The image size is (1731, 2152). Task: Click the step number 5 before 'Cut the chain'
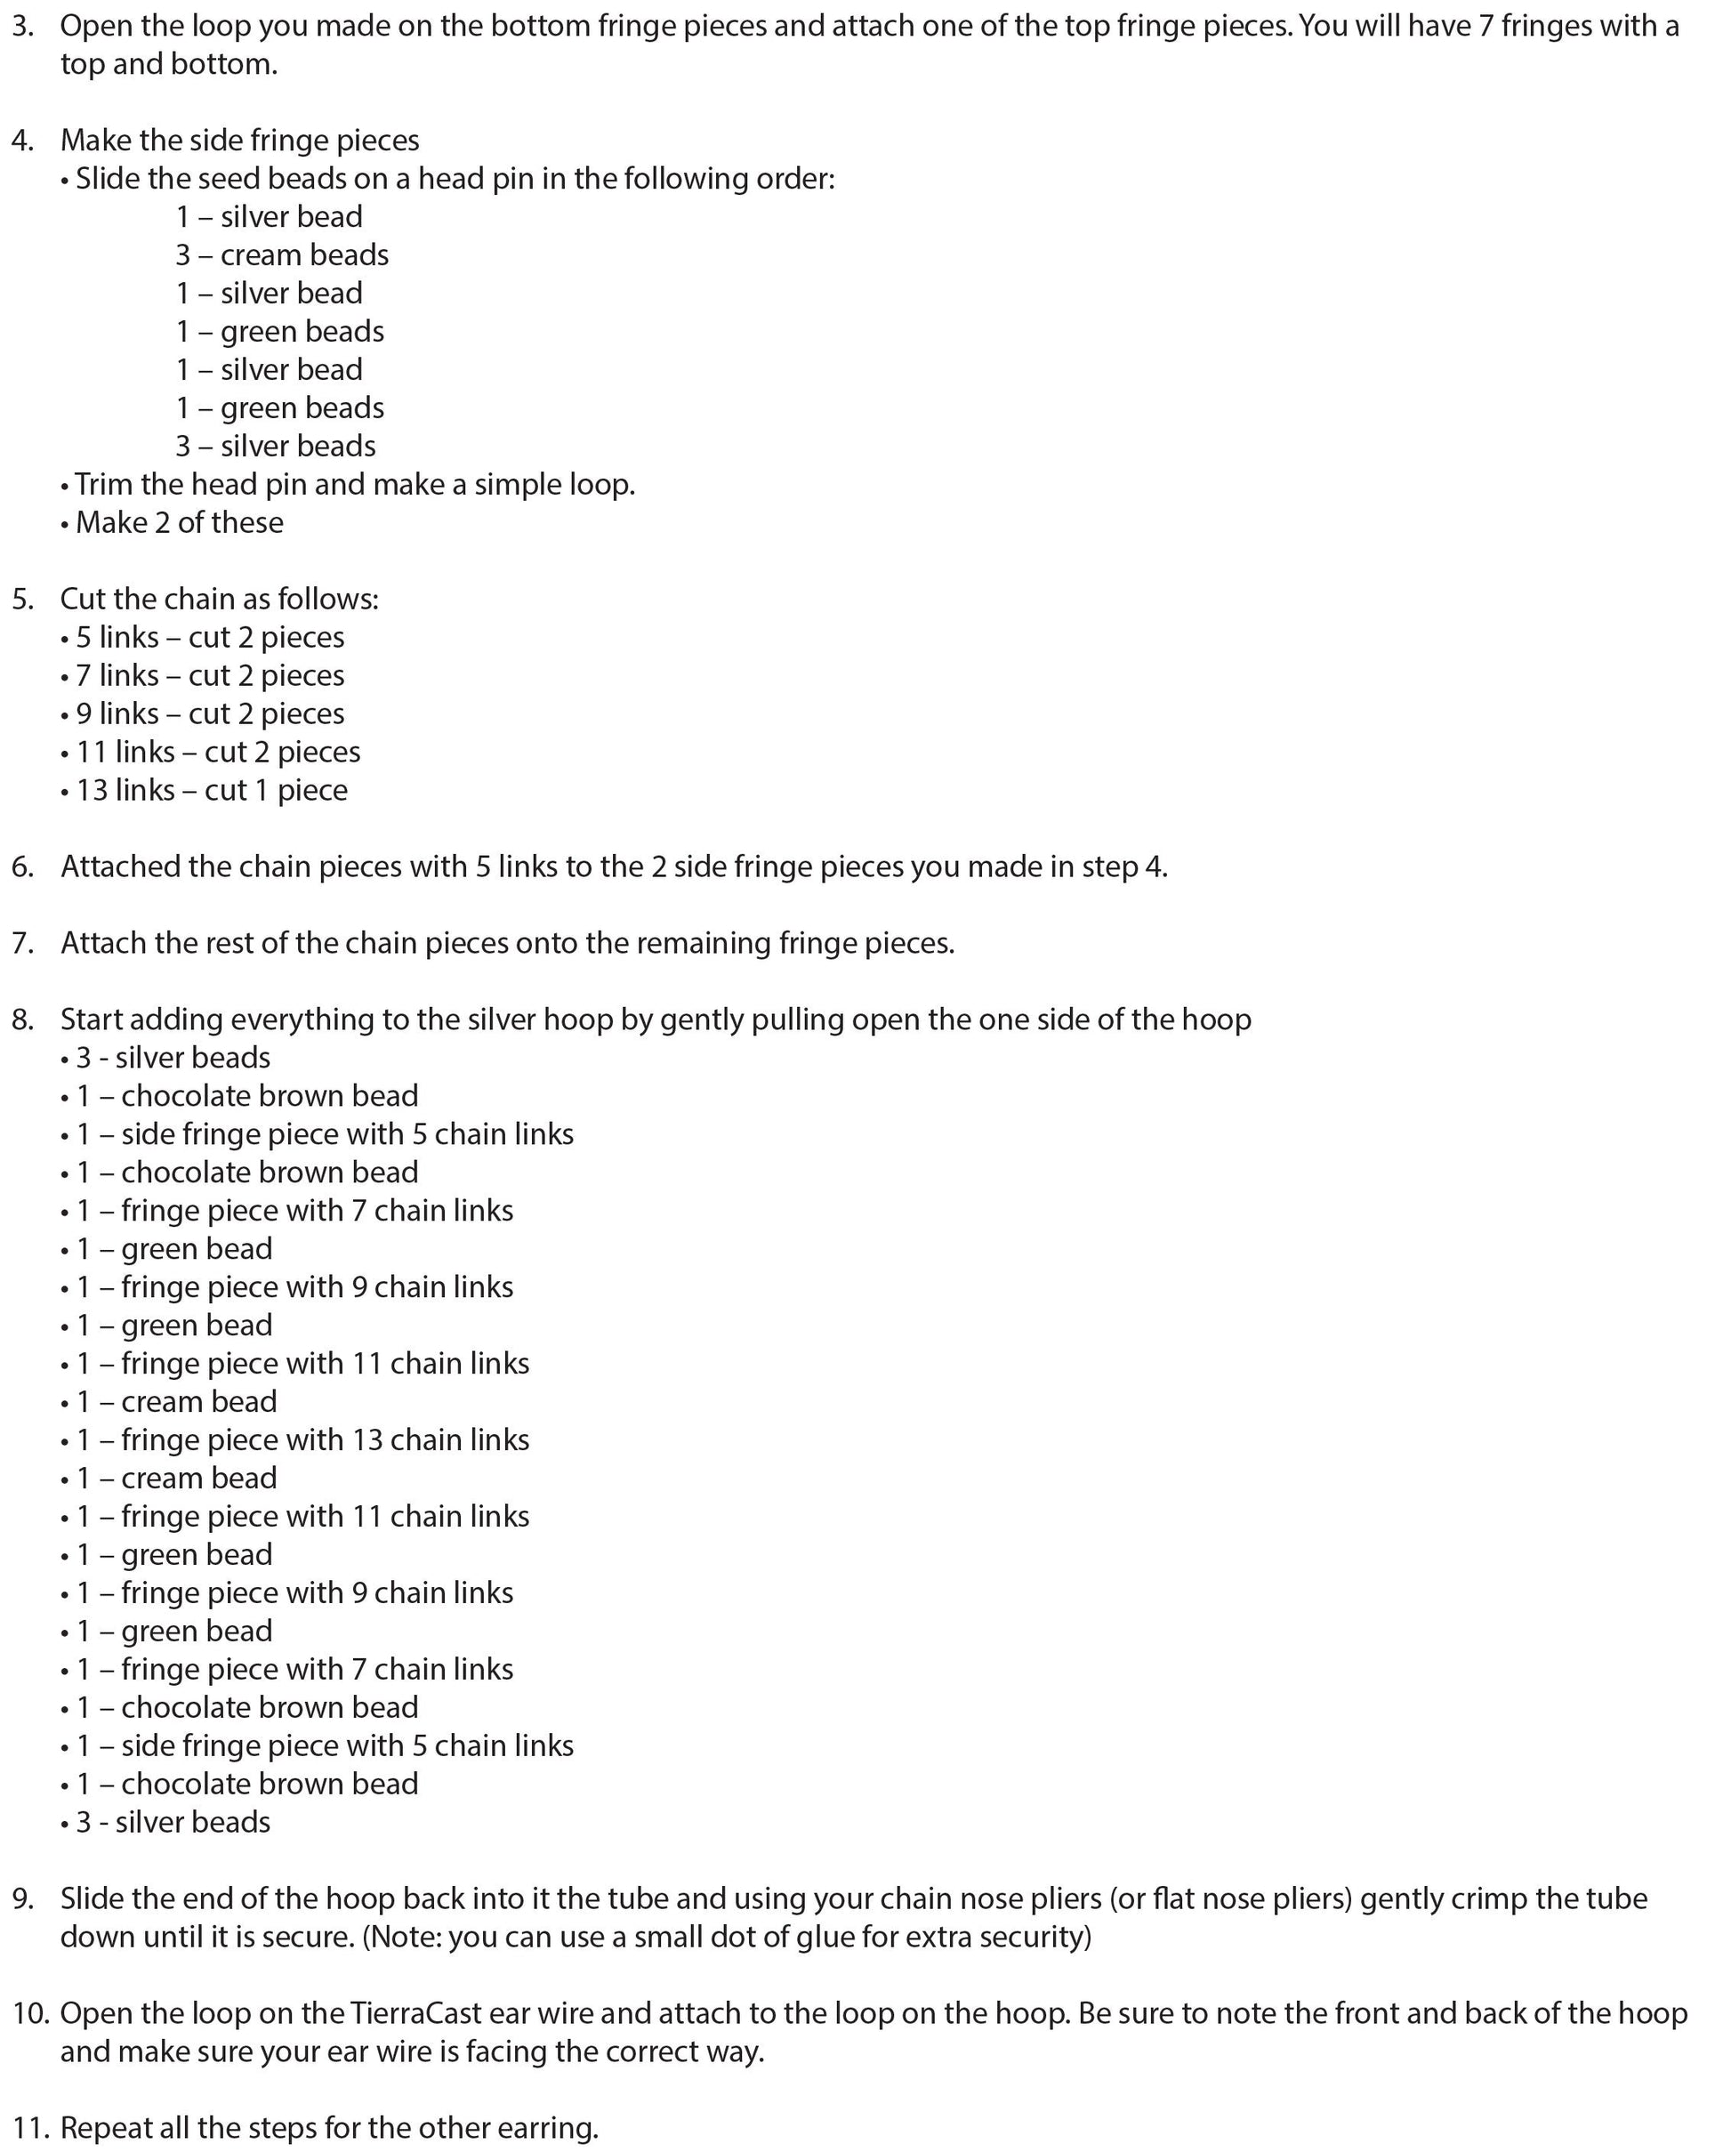[x=22, y=599]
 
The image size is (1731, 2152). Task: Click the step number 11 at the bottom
[x=27, y=2128]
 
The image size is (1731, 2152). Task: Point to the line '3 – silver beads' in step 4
[x=276, y=447]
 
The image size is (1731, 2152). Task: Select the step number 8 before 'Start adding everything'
[x=22, y=1020]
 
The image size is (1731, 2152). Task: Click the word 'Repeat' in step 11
[x=108, y=2128]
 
